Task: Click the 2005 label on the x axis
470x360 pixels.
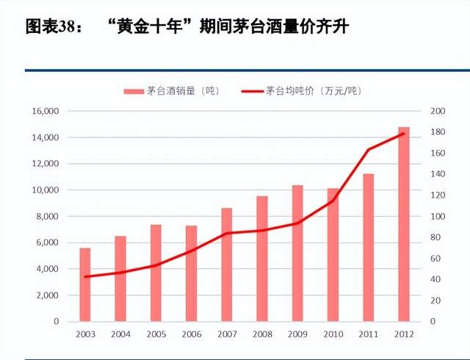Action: tap(156, 336)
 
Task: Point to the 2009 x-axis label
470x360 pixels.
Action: tap(297, 336)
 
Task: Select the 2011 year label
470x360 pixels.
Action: tap(368, 336)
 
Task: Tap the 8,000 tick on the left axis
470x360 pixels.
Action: tap(47, 216)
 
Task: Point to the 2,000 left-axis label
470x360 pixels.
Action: tap(47, 295)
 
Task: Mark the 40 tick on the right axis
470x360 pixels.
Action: tap(435, 279)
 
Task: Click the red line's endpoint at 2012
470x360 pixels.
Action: tap(403, 134)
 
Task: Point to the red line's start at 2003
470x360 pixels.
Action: tap(85, 277)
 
